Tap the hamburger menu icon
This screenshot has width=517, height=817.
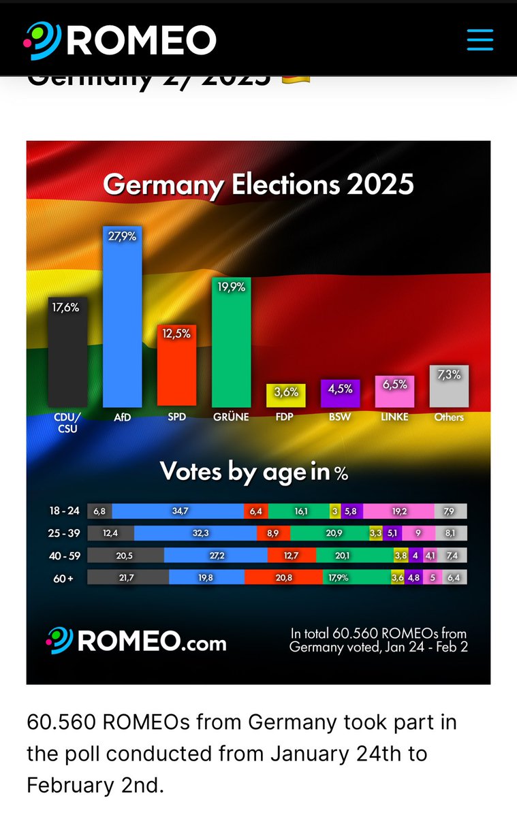[x=480, y=39]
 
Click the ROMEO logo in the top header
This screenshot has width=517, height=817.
[x=121, y=39]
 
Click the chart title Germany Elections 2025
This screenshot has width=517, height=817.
[x=258, y=185]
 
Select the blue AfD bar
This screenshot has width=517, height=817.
[x=122, y=320]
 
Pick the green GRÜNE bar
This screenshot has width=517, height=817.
[x=232, y=344]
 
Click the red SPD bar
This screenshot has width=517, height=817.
[x=176, y=368]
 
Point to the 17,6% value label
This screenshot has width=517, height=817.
[x=66, y=307]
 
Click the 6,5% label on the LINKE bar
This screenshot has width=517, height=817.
[x=395, y=384]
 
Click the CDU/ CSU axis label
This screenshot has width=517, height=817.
[x=67, y=422]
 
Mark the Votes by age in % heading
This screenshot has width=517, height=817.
[x=254, y=472]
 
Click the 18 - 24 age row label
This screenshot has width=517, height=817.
[x=65, y=511]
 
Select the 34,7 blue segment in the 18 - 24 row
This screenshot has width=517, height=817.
[x=178, y=511]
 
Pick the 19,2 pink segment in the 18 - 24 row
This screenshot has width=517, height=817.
[x=398, y=511]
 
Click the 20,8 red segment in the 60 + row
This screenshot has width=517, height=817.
[x=283, y=577]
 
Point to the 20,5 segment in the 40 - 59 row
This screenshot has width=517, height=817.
[x=125, y=556]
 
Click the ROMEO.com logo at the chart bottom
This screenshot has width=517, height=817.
[x=136, y=641]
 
